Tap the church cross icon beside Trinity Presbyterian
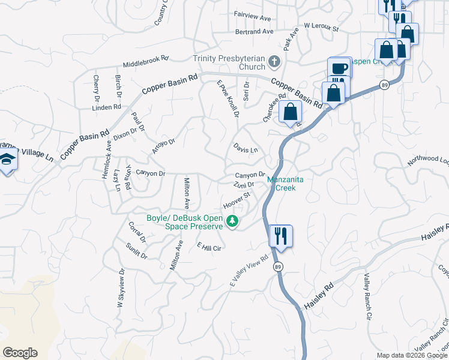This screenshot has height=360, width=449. [x=274, y=61]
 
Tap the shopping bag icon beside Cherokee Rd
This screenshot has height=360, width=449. [x=291, y=112]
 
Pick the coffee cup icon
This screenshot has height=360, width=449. [x=340, y=68]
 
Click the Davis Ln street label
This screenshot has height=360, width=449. [x=246, y=148]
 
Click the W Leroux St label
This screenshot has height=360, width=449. [x=321, y=27]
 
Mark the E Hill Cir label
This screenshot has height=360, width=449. [x=210, y=247]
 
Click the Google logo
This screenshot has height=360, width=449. [x=20, y=353]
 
